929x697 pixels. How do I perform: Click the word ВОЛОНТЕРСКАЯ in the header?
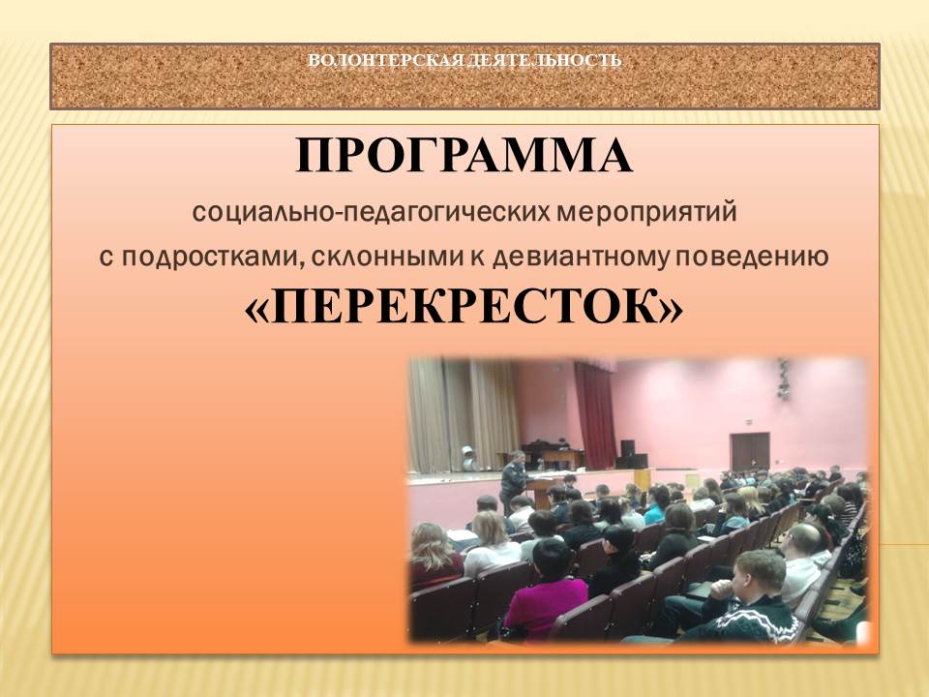384,60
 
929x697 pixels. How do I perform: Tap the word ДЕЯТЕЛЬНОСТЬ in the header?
543,60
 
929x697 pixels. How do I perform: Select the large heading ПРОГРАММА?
464,155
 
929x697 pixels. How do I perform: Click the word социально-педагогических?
371,213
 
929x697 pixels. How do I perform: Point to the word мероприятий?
646,213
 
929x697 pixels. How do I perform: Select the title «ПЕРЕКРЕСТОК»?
464,308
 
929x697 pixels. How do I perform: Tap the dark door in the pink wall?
749,452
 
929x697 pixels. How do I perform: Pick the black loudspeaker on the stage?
627,448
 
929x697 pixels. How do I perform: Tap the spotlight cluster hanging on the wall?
783,379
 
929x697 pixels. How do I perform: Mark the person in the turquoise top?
656,505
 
